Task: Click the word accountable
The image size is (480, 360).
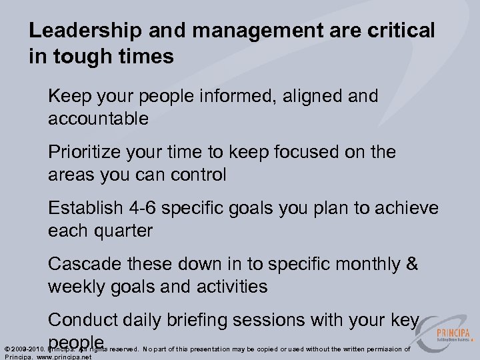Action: click(98, 119)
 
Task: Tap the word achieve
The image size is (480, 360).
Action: click(407, 208)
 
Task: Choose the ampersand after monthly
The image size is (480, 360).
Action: click(411, 264)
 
